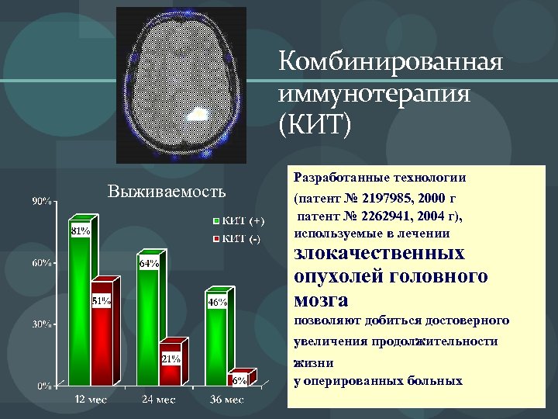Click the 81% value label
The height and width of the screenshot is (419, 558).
81,231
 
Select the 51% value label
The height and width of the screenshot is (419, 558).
102,301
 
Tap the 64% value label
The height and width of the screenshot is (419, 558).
149,264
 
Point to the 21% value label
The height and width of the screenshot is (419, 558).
171,358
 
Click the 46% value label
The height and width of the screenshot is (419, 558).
217,302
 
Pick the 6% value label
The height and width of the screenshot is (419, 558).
239,379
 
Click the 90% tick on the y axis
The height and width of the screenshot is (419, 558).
41,203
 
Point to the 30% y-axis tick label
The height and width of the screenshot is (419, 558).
41,324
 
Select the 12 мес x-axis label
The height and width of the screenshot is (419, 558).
91,400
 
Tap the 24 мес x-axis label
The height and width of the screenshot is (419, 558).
159,400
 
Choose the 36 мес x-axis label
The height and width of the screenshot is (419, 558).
227,400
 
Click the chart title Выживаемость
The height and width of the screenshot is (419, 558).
167,191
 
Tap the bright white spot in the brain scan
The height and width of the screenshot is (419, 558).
199,115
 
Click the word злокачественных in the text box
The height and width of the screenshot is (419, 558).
380,254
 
